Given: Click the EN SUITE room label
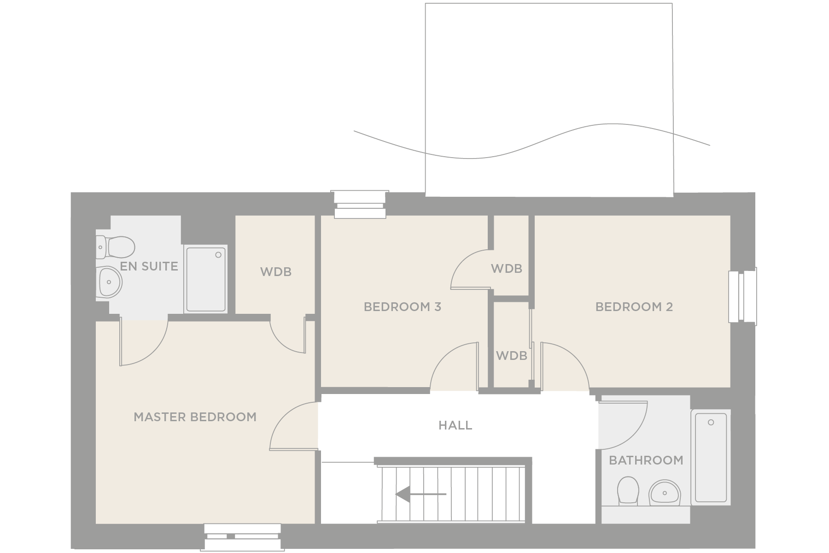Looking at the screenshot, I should [149, 266].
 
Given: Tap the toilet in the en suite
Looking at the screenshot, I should [116, 247].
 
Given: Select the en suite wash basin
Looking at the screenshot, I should [110, 282].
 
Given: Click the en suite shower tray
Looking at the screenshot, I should [206, 279].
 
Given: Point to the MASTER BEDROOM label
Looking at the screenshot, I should [195, 417].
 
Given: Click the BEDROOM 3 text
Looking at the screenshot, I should [403, 307].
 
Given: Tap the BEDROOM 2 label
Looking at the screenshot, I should [634, 307].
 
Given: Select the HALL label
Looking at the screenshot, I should [455, 425].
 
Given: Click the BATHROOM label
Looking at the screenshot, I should [646, 460].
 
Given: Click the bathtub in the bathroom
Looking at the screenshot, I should [711, 457].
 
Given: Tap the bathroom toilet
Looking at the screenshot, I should [628, 490].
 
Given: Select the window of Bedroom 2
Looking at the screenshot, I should [742, 296].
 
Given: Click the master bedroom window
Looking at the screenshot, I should [243, 536].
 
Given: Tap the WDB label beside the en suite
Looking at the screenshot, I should [275, 272].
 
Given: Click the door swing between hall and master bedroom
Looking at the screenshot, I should [290, 424].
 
